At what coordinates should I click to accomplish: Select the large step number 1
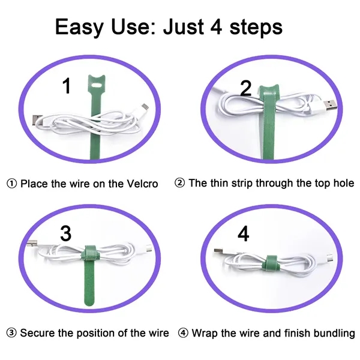click(67, 86)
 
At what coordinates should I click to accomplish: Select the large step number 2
click(246, 88)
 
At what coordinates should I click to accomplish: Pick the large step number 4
click(243, 234)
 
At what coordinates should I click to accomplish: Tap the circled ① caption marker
click(11, 184)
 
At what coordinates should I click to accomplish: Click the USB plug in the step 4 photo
click(221, 254)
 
